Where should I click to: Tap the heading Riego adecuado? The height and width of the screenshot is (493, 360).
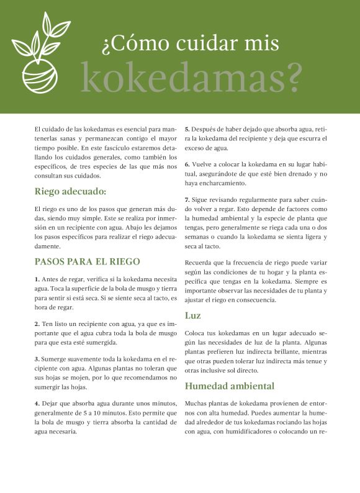pos(70,191)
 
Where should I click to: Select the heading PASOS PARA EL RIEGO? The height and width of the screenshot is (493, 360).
pos(87,261)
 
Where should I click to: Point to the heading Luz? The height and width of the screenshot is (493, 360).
pos(192,315)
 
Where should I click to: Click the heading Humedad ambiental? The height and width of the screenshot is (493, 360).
pos(229,386)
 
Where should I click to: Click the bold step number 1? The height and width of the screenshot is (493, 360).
pos(37,279)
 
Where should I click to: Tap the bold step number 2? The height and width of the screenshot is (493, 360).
pos(37,324)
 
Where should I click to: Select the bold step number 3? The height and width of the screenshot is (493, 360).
pos(37,359)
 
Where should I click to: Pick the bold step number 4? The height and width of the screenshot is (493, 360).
pos(37,404)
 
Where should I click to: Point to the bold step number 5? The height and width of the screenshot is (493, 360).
pos(187,129)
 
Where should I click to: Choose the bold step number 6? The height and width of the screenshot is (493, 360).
pos(187,164)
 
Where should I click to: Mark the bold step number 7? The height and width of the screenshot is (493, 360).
pos(187,200)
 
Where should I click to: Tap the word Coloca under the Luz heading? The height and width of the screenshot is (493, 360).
pos(196,333)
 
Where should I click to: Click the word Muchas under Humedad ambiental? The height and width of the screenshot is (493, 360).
pos(197,404)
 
